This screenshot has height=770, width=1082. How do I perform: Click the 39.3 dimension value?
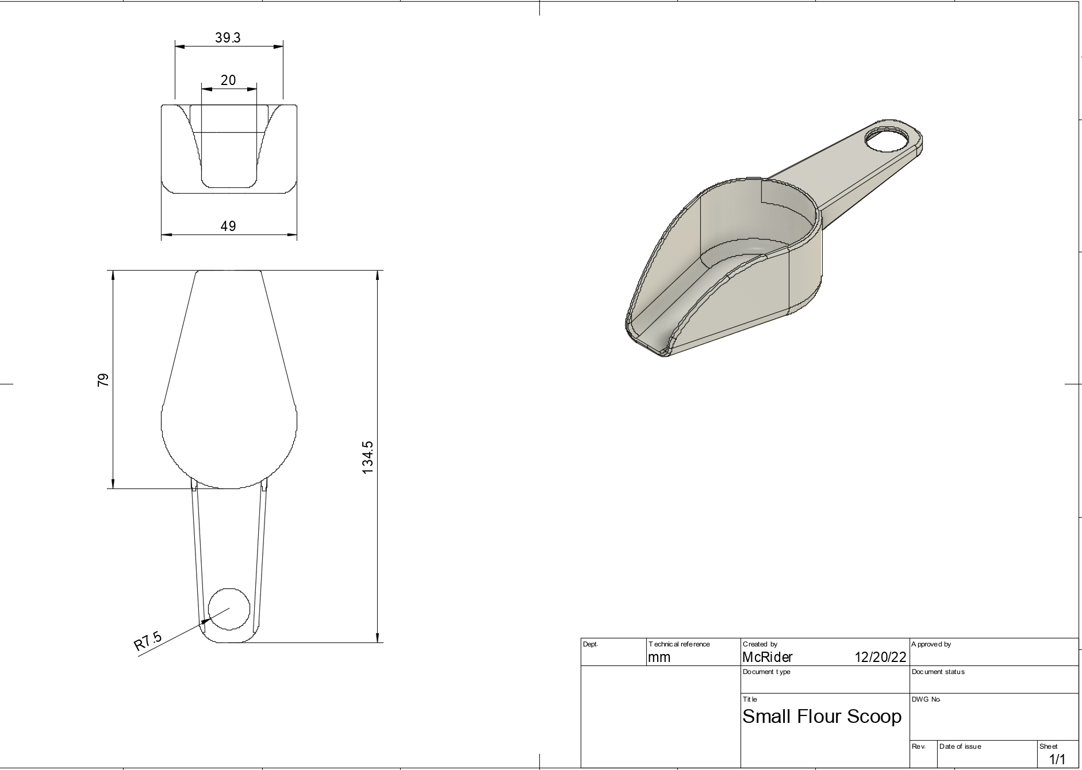point(228,38)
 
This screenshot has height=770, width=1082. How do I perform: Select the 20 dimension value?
point(228,80)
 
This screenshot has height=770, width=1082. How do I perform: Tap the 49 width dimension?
point(228,226)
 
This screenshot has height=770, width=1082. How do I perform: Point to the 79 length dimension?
point(103,379)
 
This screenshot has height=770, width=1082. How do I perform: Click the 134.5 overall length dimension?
point(368,457)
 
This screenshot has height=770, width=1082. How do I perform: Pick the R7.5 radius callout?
point(148,641)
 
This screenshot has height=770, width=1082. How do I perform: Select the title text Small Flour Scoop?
point(822,717)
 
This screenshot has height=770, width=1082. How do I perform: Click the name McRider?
point(767,657)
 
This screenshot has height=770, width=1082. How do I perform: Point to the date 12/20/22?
point(880,657)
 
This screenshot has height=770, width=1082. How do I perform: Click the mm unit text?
point(659,657)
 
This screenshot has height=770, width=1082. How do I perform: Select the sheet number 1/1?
point(1057,760)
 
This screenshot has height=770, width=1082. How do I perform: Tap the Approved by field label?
point(931,644)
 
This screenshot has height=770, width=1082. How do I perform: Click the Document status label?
point(938,672)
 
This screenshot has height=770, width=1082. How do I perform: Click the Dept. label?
point(590,644)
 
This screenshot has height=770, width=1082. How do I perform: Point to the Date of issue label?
point(960,746)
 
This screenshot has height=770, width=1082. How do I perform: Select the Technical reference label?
point(679,644)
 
